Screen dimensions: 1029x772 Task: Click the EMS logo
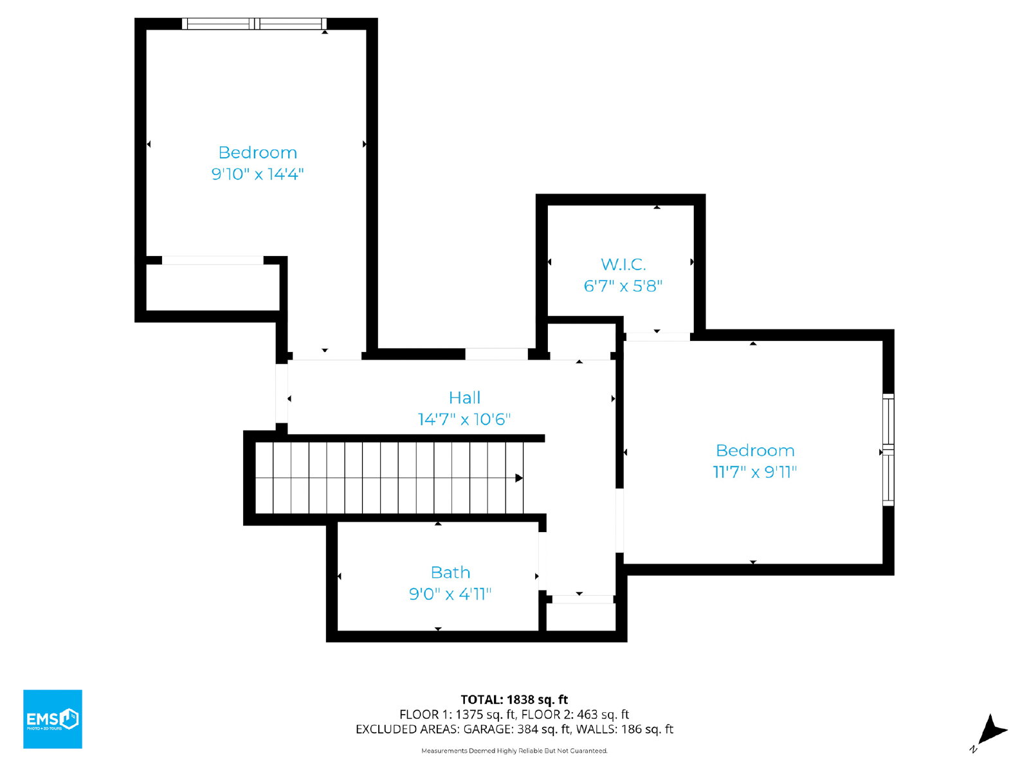[53, 719]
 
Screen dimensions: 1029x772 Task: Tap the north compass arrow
[992, 730]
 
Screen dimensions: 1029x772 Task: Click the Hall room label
[464, 398]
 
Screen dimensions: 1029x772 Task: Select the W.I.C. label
[623, 264]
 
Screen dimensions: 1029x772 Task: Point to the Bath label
[450, 573]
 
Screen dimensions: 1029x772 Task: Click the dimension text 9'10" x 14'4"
[257, 174]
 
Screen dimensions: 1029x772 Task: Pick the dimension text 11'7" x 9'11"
[754, 472]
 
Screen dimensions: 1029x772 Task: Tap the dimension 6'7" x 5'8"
[623, 286]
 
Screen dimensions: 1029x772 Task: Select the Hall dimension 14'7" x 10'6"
[464, 419]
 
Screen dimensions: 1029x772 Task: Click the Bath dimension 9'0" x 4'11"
[450, 594]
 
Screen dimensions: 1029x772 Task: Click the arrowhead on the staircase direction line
[519, 477]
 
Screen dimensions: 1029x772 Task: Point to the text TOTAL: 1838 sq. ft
[514, 699]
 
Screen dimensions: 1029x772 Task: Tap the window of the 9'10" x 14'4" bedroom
[255, 24]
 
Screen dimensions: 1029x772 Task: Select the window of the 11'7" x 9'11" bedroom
[888, 450]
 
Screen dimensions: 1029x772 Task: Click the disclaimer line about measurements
[514, 750]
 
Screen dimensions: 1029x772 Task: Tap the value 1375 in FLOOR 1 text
[469, 714]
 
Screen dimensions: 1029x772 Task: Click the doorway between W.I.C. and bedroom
[658, 336]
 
